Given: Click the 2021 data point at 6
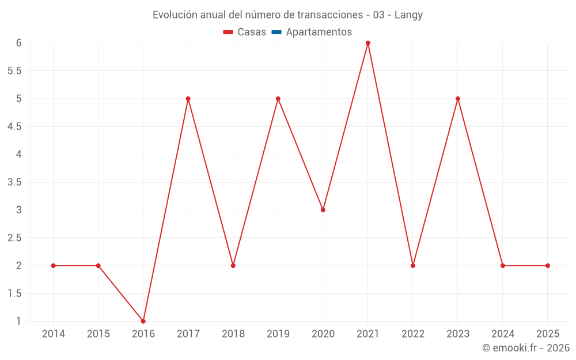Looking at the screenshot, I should click(368, 43).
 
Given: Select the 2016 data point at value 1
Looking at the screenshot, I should click(143, 321).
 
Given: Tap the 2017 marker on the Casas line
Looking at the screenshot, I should click(188, 98).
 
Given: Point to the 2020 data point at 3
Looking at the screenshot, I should click(323, 210).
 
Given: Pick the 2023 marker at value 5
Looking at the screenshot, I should click(458, 98).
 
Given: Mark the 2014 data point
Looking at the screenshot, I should click(54, 266).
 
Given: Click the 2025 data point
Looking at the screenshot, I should click(548, 266).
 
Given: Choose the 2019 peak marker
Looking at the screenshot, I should click(278, 98).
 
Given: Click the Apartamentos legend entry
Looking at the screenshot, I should click(319, 32).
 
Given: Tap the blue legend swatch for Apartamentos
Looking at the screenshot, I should click(276, 32).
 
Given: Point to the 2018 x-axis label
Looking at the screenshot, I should click(233, 334).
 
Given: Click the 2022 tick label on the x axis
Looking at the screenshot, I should click(413, 334).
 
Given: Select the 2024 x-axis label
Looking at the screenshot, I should click(503, 334).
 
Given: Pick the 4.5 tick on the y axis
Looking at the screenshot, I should click(14, 127).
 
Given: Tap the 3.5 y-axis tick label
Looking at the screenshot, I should click(14, 182).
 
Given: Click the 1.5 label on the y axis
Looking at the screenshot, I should click(14, 293).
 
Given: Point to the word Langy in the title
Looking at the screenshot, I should click(408, 15).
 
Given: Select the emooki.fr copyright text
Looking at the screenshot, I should click(526, 348).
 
